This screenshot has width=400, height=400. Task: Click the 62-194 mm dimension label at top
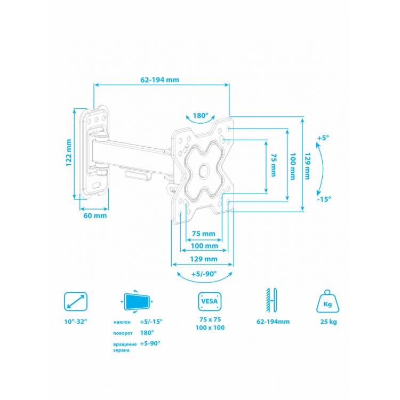pyautogui.click(x=159, y=79)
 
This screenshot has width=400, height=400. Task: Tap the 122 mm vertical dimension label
pyautogui.click(x=69, y=153)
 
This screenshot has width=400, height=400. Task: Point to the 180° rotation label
pyautogui.click(x=201, y=115)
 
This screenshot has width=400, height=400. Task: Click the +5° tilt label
pyautogui.click(x=323, y=138)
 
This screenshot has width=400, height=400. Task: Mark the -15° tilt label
pyautogui.click(x=323, y=198)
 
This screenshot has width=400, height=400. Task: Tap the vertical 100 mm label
pyautogui.click(x=292, y=165)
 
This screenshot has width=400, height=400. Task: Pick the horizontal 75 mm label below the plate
pyautogui.click(x=203, y=234)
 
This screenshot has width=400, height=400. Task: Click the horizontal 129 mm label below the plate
pyautogui.click(x=204, y=259)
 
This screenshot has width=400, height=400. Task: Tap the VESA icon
pyautogui.click(x=207, y=302)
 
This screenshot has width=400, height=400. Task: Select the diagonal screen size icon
pyautogui.click(x=75, y=302)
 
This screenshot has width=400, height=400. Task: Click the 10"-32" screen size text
pyautogui.click(x=75, y=322)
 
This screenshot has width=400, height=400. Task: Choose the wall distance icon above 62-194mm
pyautogui.click(x=273, y=302)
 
